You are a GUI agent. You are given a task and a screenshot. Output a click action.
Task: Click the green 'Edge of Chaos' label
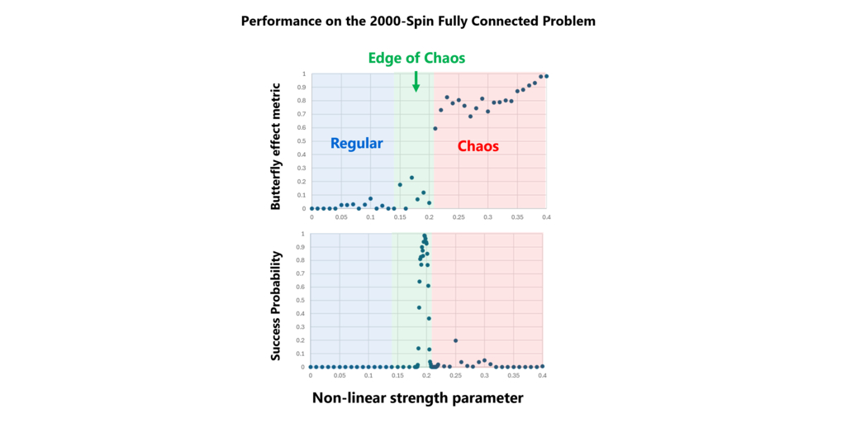pos(417,58)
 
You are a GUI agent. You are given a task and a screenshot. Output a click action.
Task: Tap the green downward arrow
pos(416,81)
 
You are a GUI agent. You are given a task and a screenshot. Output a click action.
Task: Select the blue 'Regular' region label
pos(356,143)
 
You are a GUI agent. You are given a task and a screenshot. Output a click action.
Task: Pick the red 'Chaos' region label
pos(478,146)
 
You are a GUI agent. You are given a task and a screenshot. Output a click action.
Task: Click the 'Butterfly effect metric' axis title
pos(277,145)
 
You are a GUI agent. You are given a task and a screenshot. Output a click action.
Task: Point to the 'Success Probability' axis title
pos(277,306)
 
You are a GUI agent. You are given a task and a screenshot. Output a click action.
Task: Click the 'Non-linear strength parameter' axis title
pos(417,398)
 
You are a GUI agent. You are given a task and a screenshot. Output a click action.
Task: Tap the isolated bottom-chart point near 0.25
pos(455,340)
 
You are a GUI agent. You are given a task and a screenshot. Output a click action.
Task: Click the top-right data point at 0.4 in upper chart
pos(546,76)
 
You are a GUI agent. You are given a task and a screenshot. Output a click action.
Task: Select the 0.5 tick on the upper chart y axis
pos(303,141)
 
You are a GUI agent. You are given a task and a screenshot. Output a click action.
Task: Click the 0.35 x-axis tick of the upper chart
pos(517,216)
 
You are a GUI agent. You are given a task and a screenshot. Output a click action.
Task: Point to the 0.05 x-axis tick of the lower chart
pos(339,375)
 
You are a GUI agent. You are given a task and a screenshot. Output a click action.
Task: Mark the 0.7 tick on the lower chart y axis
pos(302,273)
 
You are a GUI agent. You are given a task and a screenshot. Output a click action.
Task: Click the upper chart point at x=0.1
pos(370,199)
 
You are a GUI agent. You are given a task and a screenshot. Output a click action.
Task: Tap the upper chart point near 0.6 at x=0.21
pos(435,128)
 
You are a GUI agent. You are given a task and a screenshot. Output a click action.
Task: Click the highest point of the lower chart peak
pos(425,235)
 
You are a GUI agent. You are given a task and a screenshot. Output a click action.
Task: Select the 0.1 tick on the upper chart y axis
pos(303,195)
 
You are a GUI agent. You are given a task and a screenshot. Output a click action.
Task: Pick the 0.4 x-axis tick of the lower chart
pos(542,375)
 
